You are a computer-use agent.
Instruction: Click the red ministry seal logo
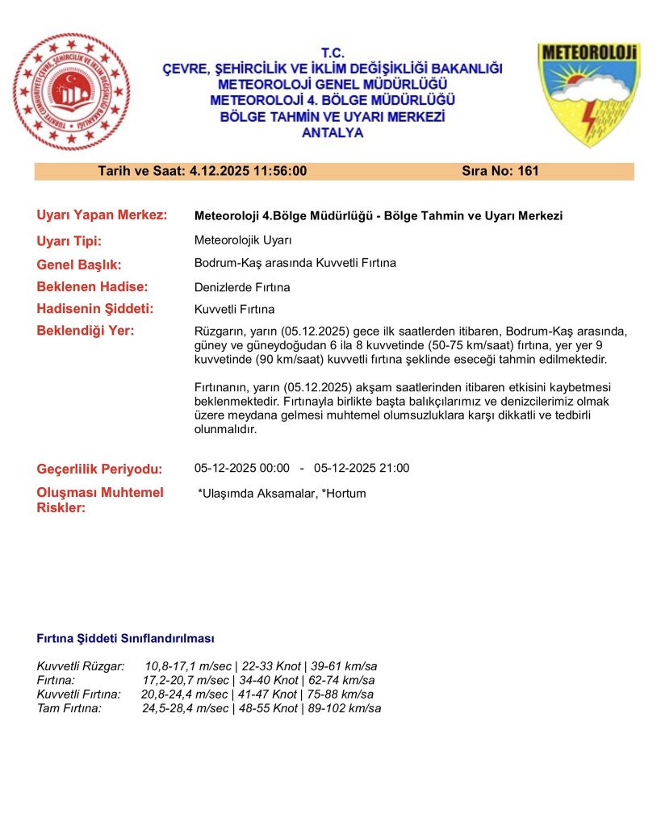point(71,91)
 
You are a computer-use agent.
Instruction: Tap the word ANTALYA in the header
point(332,133)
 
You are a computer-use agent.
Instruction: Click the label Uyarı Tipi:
point(69,240)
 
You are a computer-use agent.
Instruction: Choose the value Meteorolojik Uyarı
point(243,240)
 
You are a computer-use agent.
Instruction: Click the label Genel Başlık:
point(78,264)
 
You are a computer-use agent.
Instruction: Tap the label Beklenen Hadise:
point(92,286)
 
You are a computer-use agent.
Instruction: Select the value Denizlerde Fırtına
point(242,287)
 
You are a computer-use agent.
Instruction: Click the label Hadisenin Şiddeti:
point(95,309)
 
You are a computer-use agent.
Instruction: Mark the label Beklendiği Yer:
point(86,331)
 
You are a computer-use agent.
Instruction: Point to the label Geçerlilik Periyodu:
point(99,469)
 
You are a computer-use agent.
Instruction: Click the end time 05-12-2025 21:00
point(362,469)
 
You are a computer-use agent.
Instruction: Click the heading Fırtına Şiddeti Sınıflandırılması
point(125,639)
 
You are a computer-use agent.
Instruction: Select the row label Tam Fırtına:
point(69,708)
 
